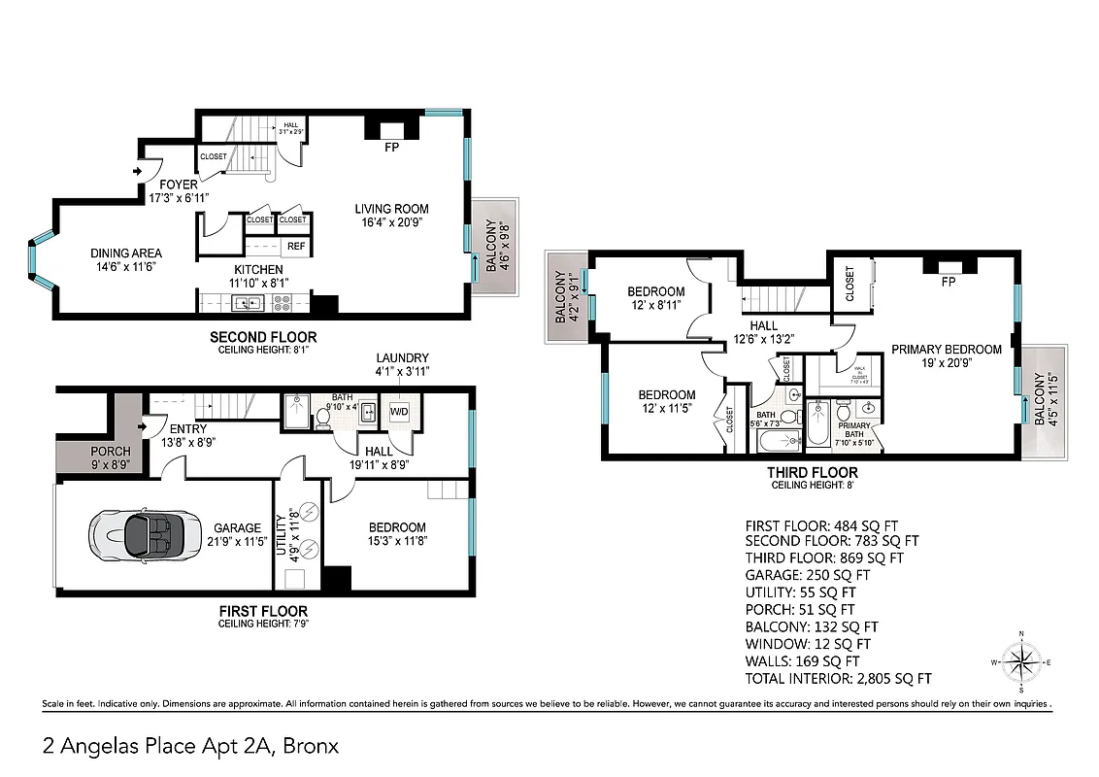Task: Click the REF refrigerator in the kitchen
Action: coord(296,247)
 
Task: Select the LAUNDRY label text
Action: coord(403,358)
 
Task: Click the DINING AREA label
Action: coord(126,253)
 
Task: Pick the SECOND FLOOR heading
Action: coord(263,337)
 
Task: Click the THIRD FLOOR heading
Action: coord(814,473)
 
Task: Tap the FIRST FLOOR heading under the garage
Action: coord(263,611)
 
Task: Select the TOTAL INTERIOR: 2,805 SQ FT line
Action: coord(838,678)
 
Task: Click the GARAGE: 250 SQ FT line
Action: coord(807,575)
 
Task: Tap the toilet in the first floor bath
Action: coord(322,417)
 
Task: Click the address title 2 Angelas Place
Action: coord(190,746)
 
